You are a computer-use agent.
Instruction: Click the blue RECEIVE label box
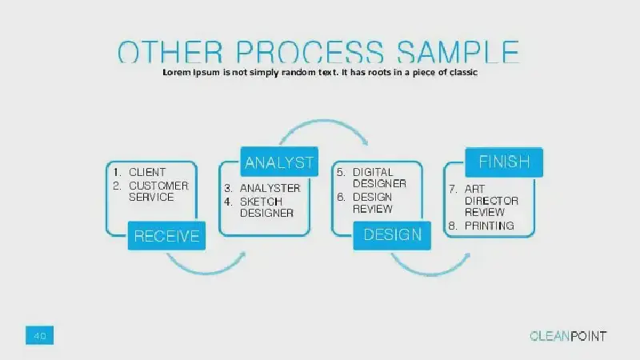pyautogui.click(x=166, y=235)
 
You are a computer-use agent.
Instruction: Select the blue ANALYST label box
pyautogui.click(x=279, y=162)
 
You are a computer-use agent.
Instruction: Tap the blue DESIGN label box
pyautogui.click(x=392, y=235)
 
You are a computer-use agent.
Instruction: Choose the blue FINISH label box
pyautogui.click(x=504, y=162)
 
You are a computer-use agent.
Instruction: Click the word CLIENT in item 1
pyautogui.click(x=147, y=172)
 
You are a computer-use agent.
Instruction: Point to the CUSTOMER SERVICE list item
pyautogui.click(x=158, y=191)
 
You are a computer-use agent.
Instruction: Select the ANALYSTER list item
pyautogui.click(x=270, y=188)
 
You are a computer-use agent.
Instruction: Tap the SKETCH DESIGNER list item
pyautogui.click(x=266, y=207)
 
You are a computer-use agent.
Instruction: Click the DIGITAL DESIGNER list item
pyautogui.click(x=379, y=178)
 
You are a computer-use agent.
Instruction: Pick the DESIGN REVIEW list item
pyautogui.click(x=373, y=203)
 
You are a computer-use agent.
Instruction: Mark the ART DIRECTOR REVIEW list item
pyautogui.click(x=491, y=201)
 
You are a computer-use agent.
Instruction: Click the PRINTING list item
pyautogui.click(x=489, y=226)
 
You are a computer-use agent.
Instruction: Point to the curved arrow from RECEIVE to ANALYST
pyautogui.click(x=206, y=270)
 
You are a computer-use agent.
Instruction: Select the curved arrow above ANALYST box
pyautogui.click(x=324, y=121)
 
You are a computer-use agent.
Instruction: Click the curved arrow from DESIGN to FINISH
pyautogui.click(x=430, y=274)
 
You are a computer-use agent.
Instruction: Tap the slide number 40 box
pyautogui.click(x=39, y=335)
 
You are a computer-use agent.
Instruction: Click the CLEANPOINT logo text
pyautogui.click(x=568, y=336)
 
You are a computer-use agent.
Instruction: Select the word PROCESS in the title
pyautogui.click(x=310, y=52)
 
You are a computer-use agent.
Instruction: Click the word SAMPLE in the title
pyautogui.click(x=458, y=52)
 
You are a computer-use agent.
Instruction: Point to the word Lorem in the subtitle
pyautogui.click(x=177, y=72)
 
